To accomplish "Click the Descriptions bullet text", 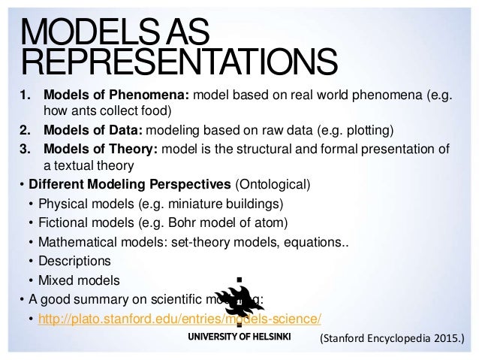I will tap(77, 262).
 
